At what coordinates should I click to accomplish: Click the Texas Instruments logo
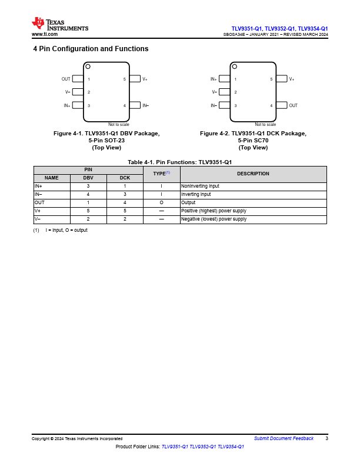[59, 24]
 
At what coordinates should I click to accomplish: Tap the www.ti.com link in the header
[44, 34]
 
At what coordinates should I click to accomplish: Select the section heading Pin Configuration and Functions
[91, 49]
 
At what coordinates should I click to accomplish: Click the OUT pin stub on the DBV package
[77, 79]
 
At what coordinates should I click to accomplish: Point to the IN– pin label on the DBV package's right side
[145, 105]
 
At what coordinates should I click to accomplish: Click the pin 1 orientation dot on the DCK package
[235, 66]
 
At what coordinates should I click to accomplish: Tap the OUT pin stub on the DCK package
[282, 105]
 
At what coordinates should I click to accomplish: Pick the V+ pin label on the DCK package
[292, 79]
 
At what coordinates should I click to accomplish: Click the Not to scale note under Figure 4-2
[265, 124]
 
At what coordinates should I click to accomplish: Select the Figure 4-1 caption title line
[106, 134]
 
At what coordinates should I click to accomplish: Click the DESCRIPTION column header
[253, 174]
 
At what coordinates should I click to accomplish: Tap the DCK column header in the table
[125, 178]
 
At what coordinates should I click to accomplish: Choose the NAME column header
[52, 178]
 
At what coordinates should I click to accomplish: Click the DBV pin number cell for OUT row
[88, 202]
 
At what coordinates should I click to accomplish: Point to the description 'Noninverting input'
[200, 186]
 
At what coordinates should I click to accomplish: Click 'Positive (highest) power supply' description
[214, 211]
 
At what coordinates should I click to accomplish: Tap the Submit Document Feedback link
[284, 438]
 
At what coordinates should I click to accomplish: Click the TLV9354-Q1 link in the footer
[231, 447]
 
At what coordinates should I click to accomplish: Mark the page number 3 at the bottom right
[326, 438]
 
